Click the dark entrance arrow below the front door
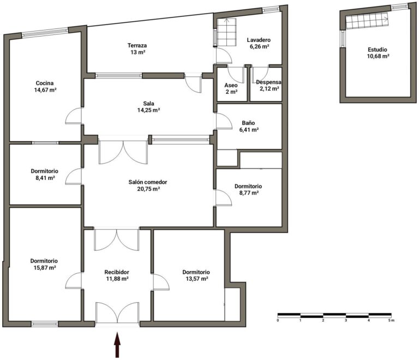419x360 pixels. tap(117, 345)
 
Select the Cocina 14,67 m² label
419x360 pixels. tap(45, 87)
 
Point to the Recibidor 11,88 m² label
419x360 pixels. tap(117, 275)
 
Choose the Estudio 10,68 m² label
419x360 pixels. tap(378, 53)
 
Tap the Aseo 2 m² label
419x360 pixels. tap(231, 89)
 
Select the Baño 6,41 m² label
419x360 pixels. tap(249, 127)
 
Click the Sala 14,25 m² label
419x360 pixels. tap(148, 107)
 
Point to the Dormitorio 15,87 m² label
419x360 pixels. tap(44, 264)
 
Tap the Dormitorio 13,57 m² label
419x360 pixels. tap(196, 275)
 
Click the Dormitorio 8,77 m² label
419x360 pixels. tap(248, 189)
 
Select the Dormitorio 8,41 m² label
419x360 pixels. tap(45, 174)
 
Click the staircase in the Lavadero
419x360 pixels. tap(226, 32)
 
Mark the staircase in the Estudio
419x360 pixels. tap(367, 21)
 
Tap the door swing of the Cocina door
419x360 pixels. tap(73, 116)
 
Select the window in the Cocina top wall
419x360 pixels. tap(45, 32)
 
